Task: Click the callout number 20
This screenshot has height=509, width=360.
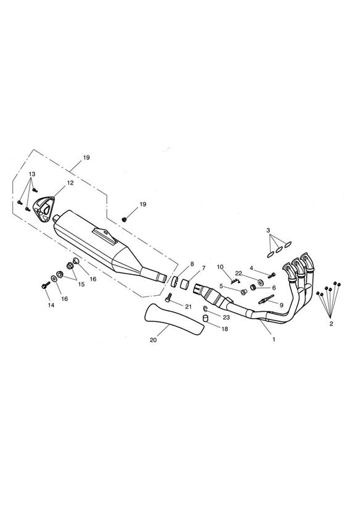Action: tap(153, 340)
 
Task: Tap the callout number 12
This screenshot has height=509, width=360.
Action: tap(70, 183)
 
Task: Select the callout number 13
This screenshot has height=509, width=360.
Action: tap(32, 174)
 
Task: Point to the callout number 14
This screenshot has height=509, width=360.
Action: tap(51, 305)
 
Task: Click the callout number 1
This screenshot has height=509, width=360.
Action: tap(274, 340)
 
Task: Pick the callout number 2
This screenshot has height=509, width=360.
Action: tap(331, 324)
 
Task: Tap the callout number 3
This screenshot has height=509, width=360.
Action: tap(268, 230)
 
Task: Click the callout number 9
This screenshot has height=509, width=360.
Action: tap(281, 305)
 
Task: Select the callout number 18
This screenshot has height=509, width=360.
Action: tap(225, 329)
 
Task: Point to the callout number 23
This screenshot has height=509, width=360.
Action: tap(226, 317)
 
